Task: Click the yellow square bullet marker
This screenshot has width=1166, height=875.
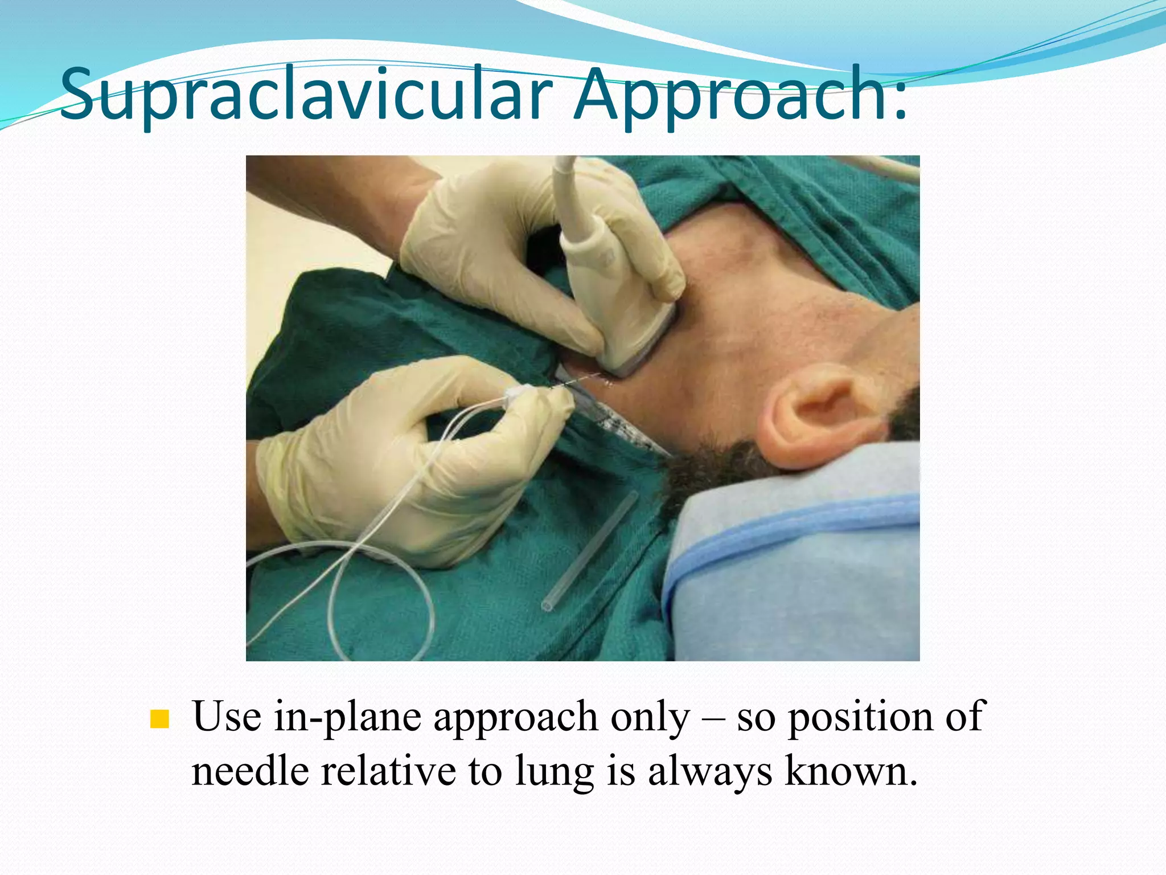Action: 159,719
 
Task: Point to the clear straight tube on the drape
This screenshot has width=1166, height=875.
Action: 589,553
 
